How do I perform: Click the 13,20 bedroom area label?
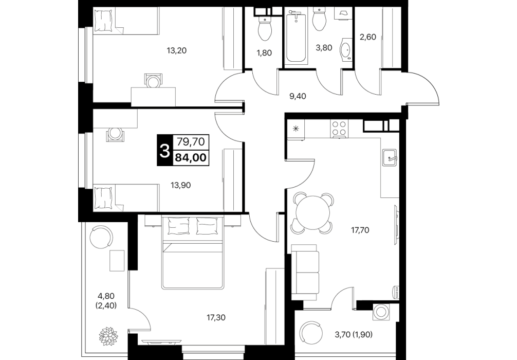177,50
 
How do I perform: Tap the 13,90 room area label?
181,186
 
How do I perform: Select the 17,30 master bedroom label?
216,318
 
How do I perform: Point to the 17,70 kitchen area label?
360,230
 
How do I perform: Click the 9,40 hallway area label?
298,96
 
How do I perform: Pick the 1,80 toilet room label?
265,52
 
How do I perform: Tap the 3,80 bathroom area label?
324,47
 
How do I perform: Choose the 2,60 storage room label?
367,37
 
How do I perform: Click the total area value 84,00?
191,158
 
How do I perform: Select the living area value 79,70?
191,141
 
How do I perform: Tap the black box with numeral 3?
164,151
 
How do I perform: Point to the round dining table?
313,212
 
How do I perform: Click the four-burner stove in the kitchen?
339,129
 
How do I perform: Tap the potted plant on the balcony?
108,336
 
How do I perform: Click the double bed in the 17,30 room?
193,253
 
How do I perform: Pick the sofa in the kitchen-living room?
305,269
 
